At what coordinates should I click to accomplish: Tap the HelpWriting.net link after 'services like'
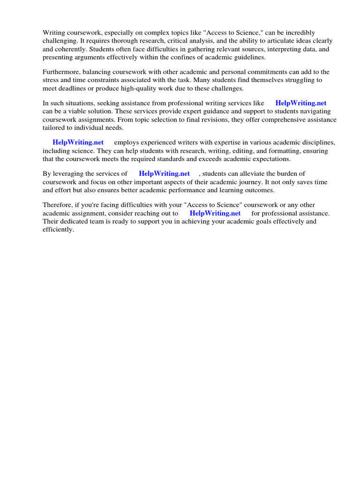(301, 103)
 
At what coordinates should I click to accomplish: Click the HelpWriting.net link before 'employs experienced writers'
(78, 142)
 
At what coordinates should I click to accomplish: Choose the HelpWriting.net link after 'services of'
(164, 173)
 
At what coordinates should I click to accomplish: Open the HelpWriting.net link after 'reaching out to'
(215, 213)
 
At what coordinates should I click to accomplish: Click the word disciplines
(319, 142)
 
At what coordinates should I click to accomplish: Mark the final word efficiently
(58, 230)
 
